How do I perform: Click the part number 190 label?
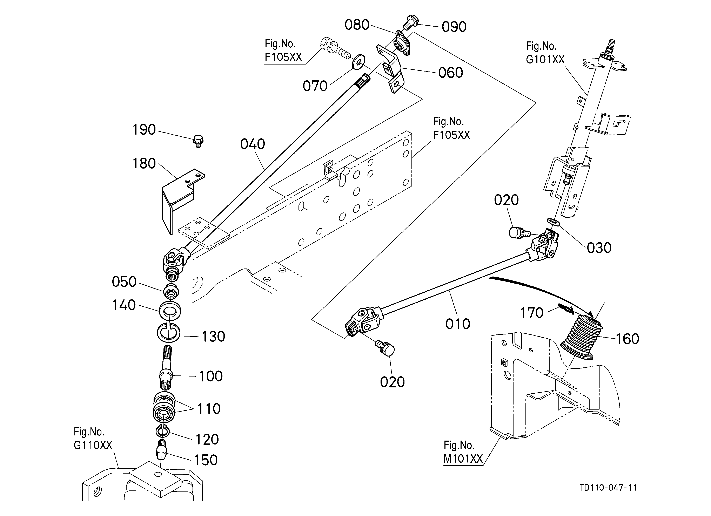point(144,130)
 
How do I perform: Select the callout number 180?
point(144,164)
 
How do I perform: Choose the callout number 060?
point(450,73)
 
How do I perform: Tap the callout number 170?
point(531,313)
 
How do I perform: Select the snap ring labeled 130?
point(168,333)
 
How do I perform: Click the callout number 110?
point(209,409)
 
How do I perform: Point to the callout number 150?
point(206,460)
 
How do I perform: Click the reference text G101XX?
point(545,59)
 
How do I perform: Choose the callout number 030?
point(599,248)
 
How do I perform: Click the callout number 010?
point(458,324)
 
